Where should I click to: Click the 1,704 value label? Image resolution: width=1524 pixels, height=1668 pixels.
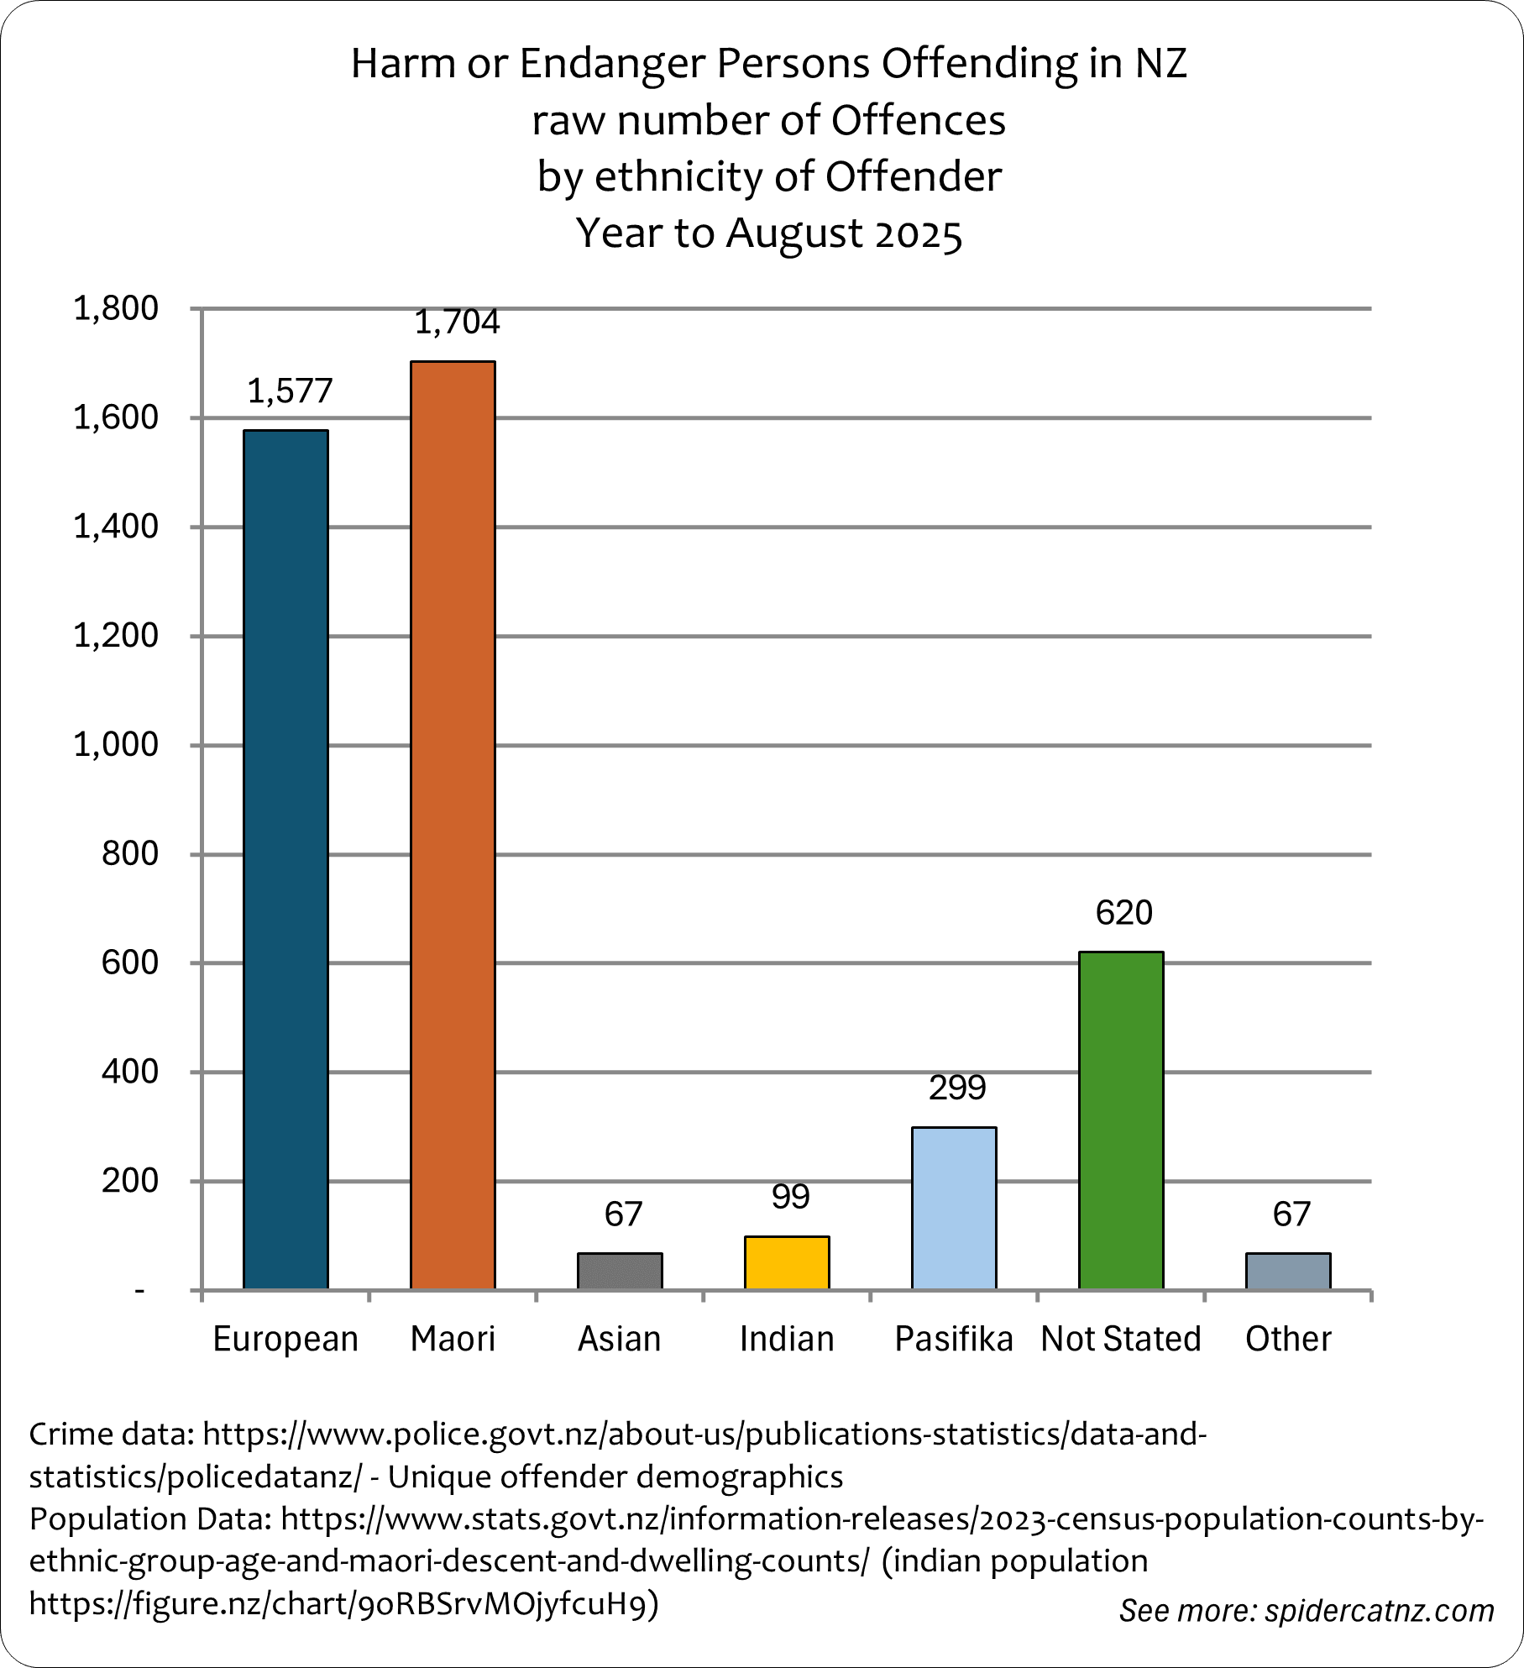[458, 323]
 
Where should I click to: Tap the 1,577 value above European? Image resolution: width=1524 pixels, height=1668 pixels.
[291, 391]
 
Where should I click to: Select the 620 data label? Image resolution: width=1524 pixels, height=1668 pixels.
[1124, 912]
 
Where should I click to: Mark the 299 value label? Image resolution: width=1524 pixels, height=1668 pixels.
[957, 1088]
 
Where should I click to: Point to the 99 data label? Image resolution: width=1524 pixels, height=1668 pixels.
[790, 1197]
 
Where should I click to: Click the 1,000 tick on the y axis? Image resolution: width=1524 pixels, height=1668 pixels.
[116, 745]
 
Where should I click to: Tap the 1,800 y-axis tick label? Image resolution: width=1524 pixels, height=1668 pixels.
[116, 309]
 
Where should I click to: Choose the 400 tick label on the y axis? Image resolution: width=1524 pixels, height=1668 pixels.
[129, 1072]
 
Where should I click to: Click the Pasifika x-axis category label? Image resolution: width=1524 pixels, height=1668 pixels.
[954, 1339]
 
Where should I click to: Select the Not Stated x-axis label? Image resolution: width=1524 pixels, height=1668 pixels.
[1121, 1339]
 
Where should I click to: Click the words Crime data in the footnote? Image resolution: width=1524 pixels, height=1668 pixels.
[110, 1434]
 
